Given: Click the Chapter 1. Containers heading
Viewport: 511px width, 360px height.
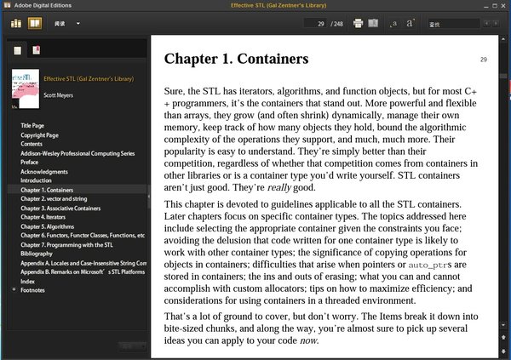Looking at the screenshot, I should (x=235, y=59).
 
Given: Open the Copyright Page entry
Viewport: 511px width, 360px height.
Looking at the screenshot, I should (x=39, y=134).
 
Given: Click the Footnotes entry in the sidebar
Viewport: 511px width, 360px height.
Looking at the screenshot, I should (x=35, y=289).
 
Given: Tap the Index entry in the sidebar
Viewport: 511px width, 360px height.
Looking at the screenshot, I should (x=28, y=280).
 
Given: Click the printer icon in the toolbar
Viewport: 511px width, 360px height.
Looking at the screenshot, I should (x=358, y=23).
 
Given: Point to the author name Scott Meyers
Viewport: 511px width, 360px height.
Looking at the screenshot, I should (x=61, y=94).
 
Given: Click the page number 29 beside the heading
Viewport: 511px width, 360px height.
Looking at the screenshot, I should (x=483, y=60).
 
